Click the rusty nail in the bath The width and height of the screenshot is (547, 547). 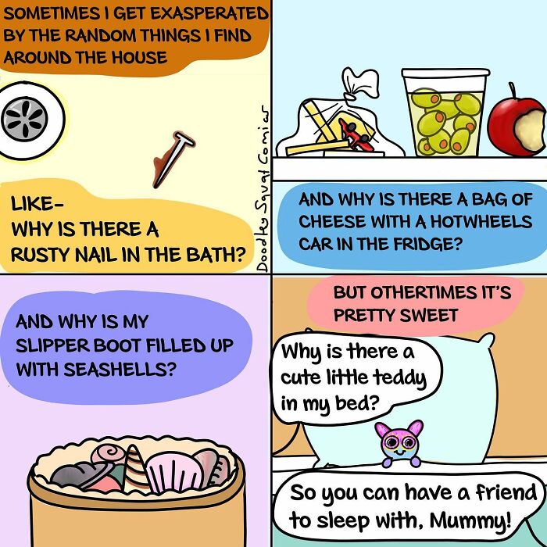point(173,159)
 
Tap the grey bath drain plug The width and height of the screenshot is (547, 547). point(24,119)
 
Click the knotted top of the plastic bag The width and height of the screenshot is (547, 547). point(359,84)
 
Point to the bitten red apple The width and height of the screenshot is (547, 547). point(517,126)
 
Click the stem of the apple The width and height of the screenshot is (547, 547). point(512,91)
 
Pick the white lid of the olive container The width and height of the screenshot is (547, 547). point(446,73)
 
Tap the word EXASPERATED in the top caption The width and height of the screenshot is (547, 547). point(209,14)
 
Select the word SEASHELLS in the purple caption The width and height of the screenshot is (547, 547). point(120,370)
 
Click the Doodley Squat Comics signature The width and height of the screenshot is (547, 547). point(263,188)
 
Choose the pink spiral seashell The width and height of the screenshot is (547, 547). point(109,453)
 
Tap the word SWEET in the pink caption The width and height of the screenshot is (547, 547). point(429,316)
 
